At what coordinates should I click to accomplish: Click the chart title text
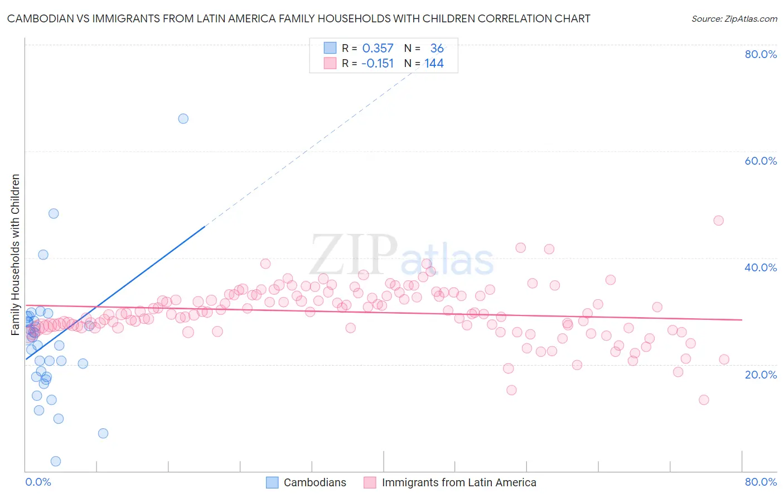coord(298,19)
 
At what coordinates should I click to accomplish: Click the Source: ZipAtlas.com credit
coord(734,19)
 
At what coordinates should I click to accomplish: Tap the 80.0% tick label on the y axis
coord(761,54)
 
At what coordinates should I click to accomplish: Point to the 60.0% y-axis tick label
coord(761,161)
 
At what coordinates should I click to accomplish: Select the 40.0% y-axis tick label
coord(761,267)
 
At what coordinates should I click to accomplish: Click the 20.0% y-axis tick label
coord(761,375)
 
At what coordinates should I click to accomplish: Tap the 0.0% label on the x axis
coord(38,482)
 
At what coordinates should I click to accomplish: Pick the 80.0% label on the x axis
coord(761,482)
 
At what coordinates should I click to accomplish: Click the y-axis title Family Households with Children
coord(16,255)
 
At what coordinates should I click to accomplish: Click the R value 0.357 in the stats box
coord(378,49)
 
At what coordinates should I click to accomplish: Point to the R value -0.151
coord(378,64)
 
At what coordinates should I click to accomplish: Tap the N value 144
coord(434,64)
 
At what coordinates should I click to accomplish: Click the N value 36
coord(437,49)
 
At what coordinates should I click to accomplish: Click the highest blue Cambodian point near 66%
coord(183,118)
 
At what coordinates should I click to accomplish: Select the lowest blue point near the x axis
coord(56,461)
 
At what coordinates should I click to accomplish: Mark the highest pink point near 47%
coord(718,221)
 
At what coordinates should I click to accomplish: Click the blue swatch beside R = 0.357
coord(330,48)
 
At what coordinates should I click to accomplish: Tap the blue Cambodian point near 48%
coord(54,213)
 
